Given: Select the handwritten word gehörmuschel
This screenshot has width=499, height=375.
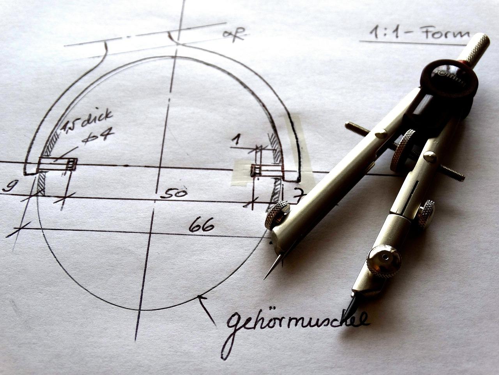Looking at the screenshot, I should click(296, 321).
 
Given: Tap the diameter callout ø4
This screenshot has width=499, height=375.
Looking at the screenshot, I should click(97, 137).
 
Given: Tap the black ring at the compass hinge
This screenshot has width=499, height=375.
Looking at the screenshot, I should click(448, 80).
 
